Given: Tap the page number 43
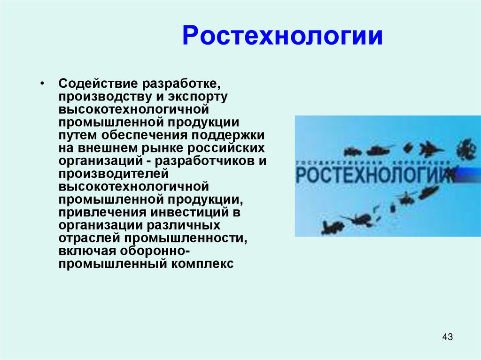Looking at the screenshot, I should [448, 337].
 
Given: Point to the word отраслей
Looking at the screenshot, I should [83, 238].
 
